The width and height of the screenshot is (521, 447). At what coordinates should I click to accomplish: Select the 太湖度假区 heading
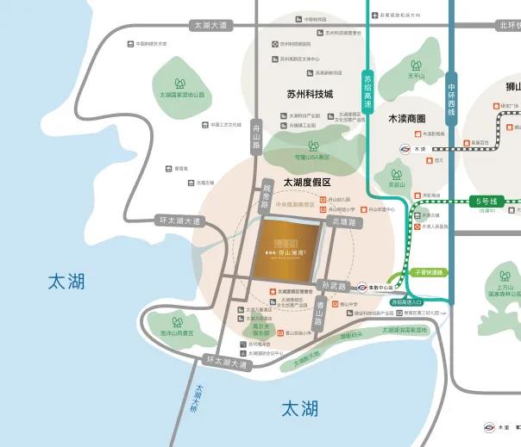301,182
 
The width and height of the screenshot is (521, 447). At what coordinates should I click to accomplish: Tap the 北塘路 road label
342,221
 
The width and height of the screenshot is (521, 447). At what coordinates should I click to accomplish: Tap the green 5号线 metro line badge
488,202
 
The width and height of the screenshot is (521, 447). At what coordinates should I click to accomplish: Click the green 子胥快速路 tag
427,272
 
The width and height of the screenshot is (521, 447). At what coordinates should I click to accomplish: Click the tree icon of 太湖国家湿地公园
180,84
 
